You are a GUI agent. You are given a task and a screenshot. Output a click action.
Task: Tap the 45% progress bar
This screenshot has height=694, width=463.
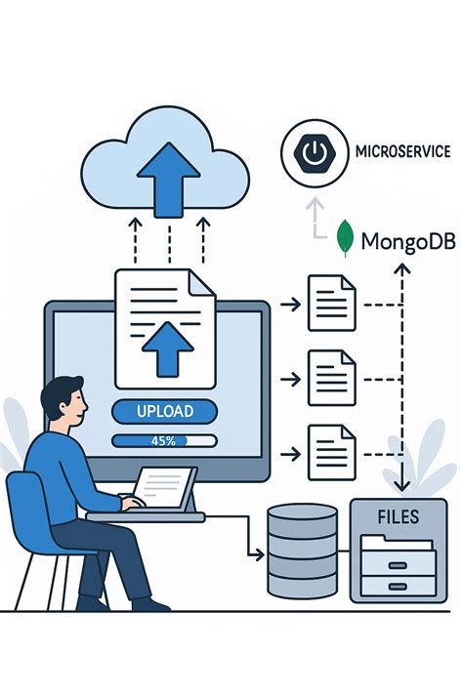pos(163,441)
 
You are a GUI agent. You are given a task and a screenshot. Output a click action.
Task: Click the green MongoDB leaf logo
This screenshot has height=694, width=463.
pos(345,239)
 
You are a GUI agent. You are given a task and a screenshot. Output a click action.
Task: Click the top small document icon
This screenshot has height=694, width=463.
pos(331,305)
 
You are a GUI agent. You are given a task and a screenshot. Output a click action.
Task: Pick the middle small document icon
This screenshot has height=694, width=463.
pos(331,378)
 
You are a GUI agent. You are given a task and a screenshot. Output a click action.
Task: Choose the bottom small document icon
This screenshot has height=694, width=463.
pos(331,452)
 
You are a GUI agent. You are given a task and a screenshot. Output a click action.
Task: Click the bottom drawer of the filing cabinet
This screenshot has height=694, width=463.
pos(398,586)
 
